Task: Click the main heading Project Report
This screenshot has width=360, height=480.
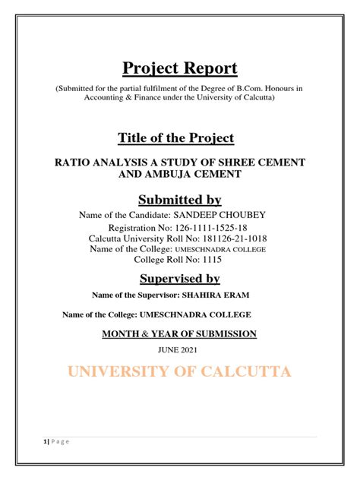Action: click(x=179, y=68)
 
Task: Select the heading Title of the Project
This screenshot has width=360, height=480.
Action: click(x=175, y=137)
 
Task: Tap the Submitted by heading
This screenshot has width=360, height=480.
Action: click(x=179, y=200)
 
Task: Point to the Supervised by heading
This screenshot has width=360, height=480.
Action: click(x=179, y=279)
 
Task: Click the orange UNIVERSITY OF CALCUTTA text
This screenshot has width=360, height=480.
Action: click(x=179, y=372)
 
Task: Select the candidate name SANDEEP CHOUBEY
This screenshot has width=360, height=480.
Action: click(x=228, y=215)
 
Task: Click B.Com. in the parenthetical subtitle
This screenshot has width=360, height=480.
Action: click(x=242, y=88)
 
